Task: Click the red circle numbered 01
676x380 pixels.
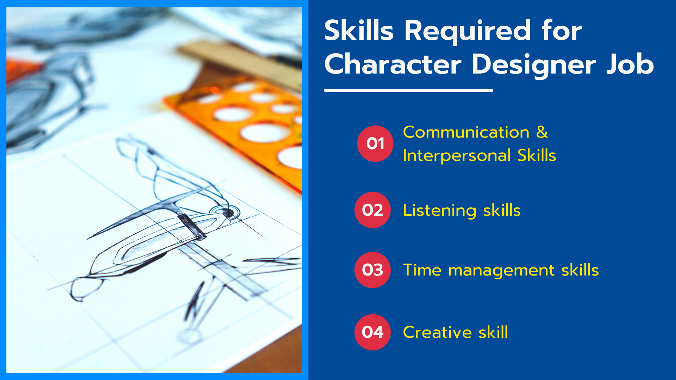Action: point(375,144)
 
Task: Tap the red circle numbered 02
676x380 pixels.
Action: point(373,210)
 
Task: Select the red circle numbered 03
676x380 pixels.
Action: point(373,270)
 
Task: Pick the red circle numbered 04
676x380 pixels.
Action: point(373,332)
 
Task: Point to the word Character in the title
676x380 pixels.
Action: point(393,64)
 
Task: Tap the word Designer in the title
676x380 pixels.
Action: point(534,65)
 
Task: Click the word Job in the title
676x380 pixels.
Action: point(630,64)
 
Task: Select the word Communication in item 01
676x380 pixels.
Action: point(466,132)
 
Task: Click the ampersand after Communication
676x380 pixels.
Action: point(542,132)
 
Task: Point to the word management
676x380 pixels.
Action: point(501,271)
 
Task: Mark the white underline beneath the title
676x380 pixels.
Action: point(408,90)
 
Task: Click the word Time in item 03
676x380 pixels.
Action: point(422,270)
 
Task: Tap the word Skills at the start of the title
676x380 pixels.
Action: point(359,30)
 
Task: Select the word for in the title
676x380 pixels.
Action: point(562,30)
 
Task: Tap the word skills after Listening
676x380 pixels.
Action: point(502,210)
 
